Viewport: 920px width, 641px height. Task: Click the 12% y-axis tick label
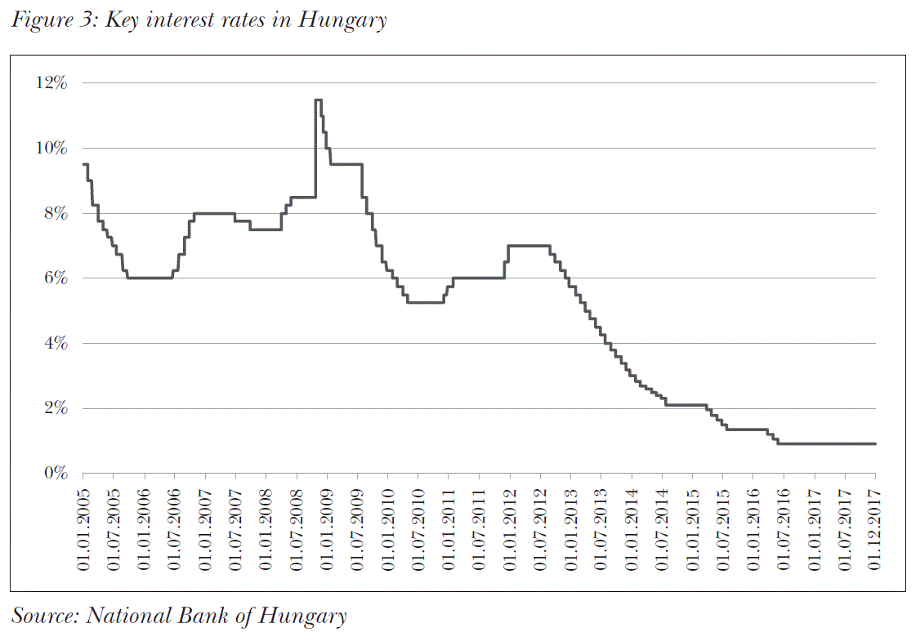point(53,83)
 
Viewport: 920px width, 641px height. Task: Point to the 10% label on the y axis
point(53,148)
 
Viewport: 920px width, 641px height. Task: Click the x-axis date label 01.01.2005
point(83,526)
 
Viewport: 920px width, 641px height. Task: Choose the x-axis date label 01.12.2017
point(874,526)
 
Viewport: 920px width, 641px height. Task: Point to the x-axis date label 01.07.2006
point(175,526)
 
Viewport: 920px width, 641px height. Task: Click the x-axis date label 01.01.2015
point(692,526)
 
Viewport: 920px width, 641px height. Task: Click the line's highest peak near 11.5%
point(318,100)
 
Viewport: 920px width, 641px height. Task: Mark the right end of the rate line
point(874,443)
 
